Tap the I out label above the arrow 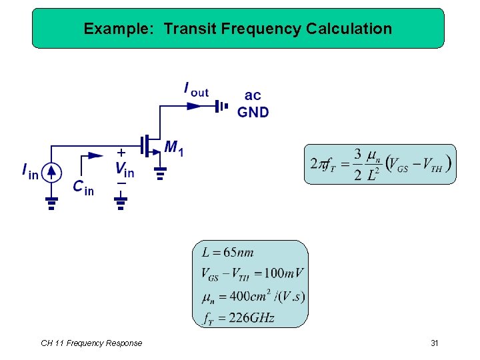click(x=195, y=89)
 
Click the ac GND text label click(x=253, y=104)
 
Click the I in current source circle click(x=52, y=173)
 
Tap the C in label click(x=83, y=187)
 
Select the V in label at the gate click(x=124, y=170)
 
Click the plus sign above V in click(x=121, y=152)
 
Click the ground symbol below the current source click(x=52, y=203)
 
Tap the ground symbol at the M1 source click(x=160, y=175)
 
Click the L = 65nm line click(x=227, y=253)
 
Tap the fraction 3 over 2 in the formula click(x=357, y=164)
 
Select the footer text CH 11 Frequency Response click(x=91, y=343)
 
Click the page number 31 click(x=434, y=343)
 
